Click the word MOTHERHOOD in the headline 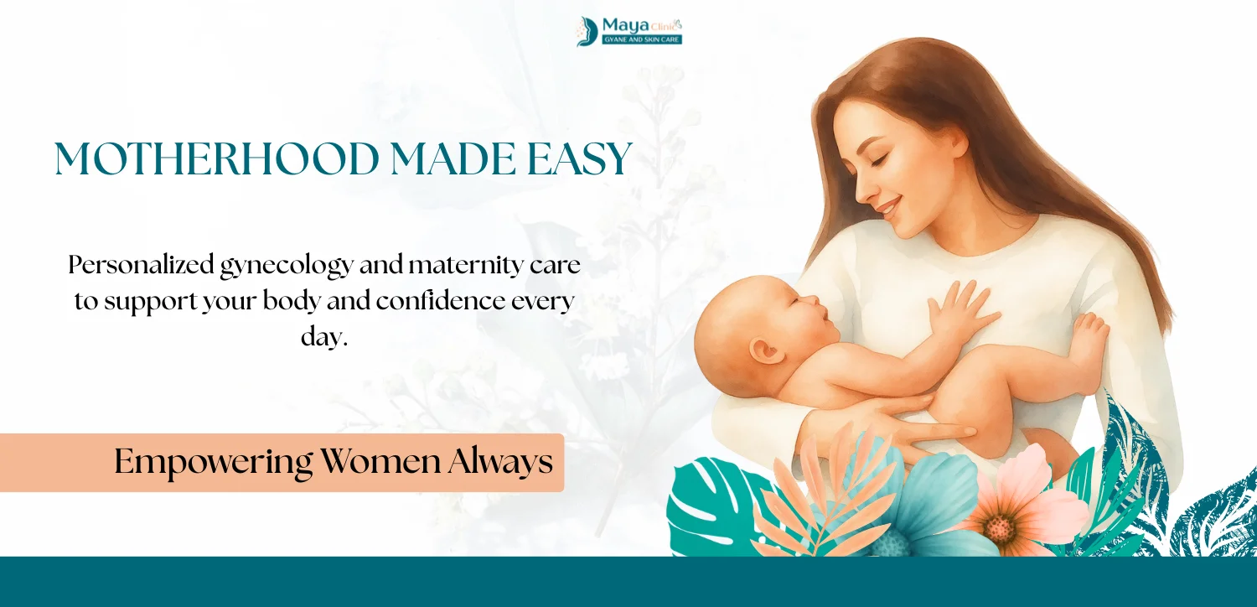pos(217,159)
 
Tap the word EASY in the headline pos(580,159)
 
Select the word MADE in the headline pos(453,159)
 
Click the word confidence pos(441,301)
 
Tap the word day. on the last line pos(324,337)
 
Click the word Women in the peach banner pos(380,462)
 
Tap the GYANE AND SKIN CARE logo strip pos(642,40)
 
